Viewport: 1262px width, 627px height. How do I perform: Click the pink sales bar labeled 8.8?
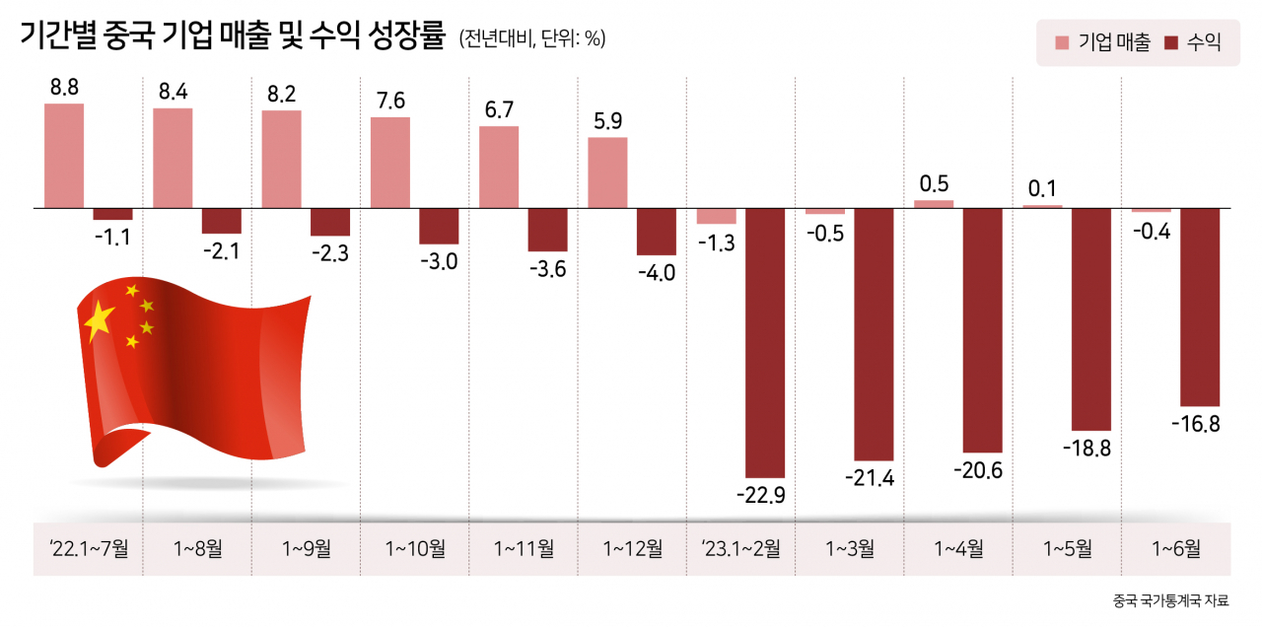[64, 156]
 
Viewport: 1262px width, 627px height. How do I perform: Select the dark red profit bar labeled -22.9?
[765, 343]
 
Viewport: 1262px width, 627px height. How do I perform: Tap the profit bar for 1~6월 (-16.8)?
[1200, 307]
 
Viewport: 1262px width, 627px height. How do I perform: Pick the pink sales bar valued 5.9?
[608, 173]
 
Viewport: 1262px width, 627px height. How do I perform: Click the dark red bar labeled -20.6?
[983, 330]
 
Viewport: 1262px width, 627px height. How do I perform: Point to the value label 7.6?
[390, 101]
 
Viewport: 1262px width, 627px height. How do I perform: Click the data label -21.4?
[870, 478]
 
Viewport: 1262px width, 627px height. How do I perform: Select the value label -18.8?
[1087, 449]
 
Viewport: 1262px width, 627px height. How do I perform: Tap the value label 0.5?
[934, 184]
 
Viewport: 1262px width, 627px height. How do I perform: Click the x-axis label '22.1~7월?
[89, 548]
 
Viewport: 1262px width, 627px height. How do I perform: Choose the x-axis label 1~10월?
[415, 548]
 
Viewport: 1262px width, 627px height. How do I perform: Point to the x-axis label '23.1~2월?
[740, 548]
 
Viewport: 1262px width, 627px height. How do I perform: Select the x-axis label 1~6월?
[1176, 548]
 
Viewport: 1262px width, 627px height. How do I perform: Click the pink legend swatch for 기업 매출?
[1062, 42]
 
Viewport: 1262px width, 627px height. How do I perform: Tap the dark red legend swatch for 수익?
[1171, 42]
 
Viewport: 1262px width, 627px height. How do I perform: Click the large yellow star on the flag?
[100, 321]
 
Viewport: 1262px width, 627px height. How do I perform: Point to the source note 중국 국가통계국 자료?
[1170, 600]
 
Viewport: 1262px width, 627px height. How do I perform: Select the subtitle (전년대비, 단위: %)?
[532, 38]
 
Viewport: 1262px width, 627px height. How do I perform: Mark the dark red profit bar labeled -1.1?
[113, 214]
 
